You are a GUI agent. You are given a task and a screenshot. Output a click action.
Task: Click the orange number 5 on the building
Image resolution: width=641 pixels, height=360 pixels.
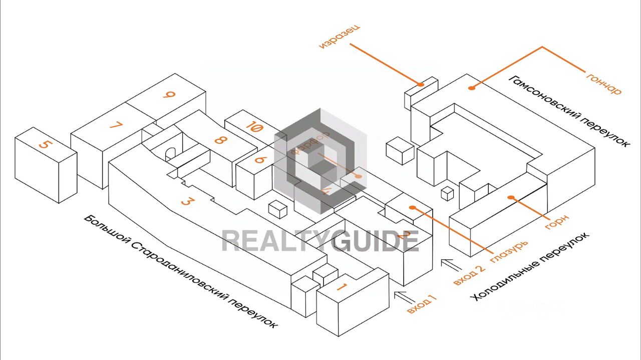(x=45, y=144)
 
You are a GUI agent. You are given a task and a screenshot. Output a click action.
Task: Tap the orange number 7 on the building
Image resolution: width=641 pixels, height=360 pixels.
(x=116, y=125)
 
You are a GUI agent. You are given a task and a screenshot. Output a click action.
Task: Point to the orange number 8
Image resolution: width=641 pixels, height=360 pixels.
(x=219, y=140)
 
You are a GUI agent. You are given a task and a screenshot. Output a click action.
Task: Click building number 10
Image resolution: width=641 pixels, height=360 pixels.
(x=254, y=128)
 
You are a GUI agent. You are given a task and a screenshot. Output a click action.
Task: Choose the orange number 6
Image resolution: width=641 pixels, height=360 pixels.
(x=259, y=160)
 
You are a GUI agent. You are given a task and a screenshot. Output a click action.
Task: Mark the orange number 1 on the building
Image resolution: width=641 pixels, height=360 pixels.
(x=342, y=287)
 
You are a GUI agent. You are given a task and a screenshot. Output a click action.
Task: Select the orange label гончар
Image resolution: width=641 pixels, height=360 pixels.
(x=603, y=83)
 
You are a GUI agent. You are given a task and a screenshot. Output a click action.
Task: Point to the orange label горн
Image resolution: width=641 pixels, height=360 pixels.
(x=557, y=222)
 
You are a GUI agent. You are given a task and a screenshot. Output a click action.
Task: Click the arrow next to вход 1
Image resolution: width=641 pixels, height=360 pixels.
(x=403, y=296)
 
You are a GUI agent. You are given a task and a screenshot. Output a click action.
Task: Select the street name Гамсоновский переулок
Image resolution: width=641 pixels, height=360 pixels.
(x=569, y=111)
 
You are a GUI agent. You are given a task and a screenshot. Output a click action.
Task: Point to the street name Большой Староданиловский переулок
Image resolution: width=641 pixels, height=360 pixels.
(x=180, y=272)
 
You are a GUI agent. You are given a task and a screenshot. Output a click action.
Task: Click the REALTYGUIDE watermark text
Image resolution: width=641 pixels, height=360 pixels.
(x=320, y=241)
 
